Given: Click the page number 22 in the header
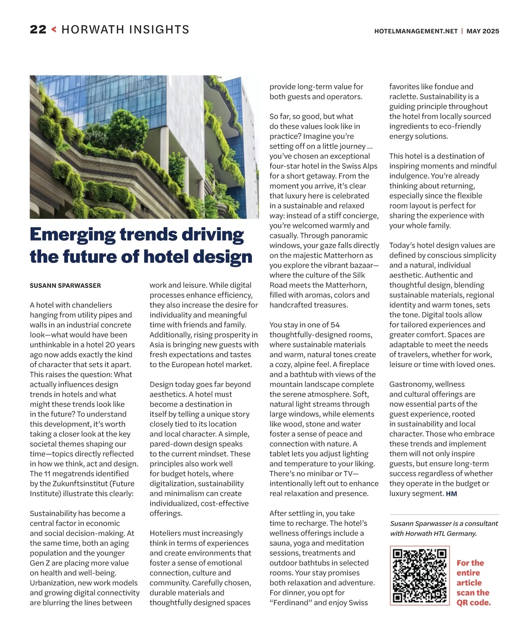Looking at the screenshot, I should [38, 29].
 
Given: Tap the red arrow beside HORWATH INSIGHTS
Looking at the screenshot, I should [54, 29].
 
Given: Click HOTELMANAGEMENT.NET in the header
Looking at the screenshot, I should [416, 31].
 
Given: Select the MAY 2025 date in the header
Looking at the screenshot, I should [483, 31].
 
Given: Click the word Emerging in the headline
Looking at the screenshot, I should [72, 235].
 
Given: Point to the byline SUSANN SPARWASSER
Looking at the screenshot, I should [65, 286].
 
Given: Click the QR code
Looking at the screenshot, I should [419, 576].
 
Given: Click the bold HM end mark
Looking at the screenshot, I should [451, 494].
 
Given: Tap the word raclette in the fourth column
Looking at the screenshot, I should [403, 96].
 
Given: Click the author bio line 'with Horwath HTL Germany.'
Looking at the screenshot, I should [433, 533].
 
